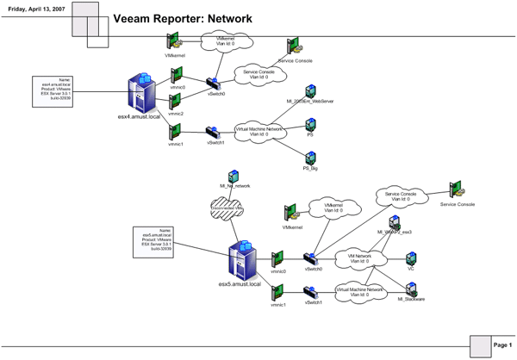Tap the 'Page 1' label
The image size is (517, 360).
(x=502, y=344)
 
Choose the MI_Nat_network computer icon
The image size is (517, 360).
(x=232, y=177)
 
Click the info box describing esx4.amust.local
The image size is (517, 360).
(x=53, y=90)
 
